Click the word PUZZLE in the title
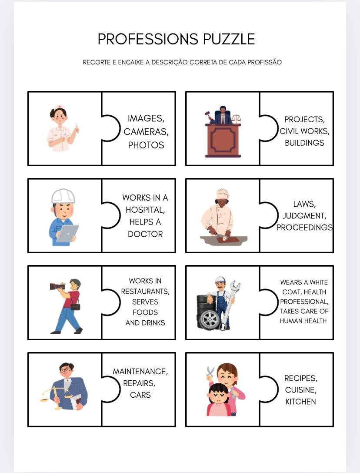click(x=229, y=39)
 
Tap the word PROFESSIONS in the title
click(x=148, y=39)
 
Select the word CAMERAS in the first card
click(x=146, y=132)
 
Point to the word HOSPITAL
click(x=145, y=210)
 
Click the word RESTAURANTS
click(x=145, y=292)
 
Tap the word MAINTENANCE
click(x=140, y=371)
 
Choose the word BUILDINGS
click(x=304, y=143)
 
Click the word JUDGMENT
click(x=304, y=216)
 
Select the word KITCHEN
click(x=300, y=402)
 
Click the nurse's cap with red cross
click(x=59, y=107)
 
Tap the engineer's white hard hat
click(x=63, y=196)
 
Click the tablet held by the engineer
click(x=67, y=234)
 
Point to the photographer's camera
click(x=57, y=286)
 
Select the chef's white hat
click(x=223, y=194)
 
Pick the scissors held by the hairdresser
click(x=210, y=372)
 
